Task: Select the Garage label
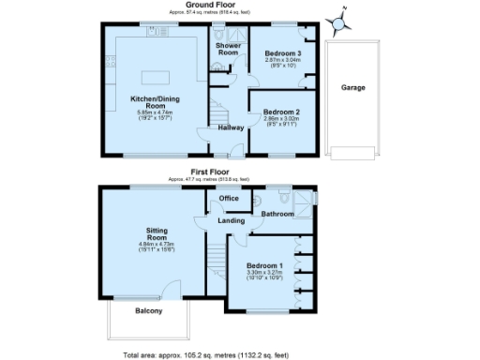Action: pyautogui.click(x=352, y=87)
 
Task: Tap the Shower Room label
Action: pyautogui.click(x=228, y=49)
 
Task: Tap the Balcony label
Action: pyautogui.click(x=148, y=310)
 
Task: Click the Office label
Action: pyautogui.click(x=229, y=199)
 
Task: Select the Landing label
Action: pyautogui.click(x=231, y=220)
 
